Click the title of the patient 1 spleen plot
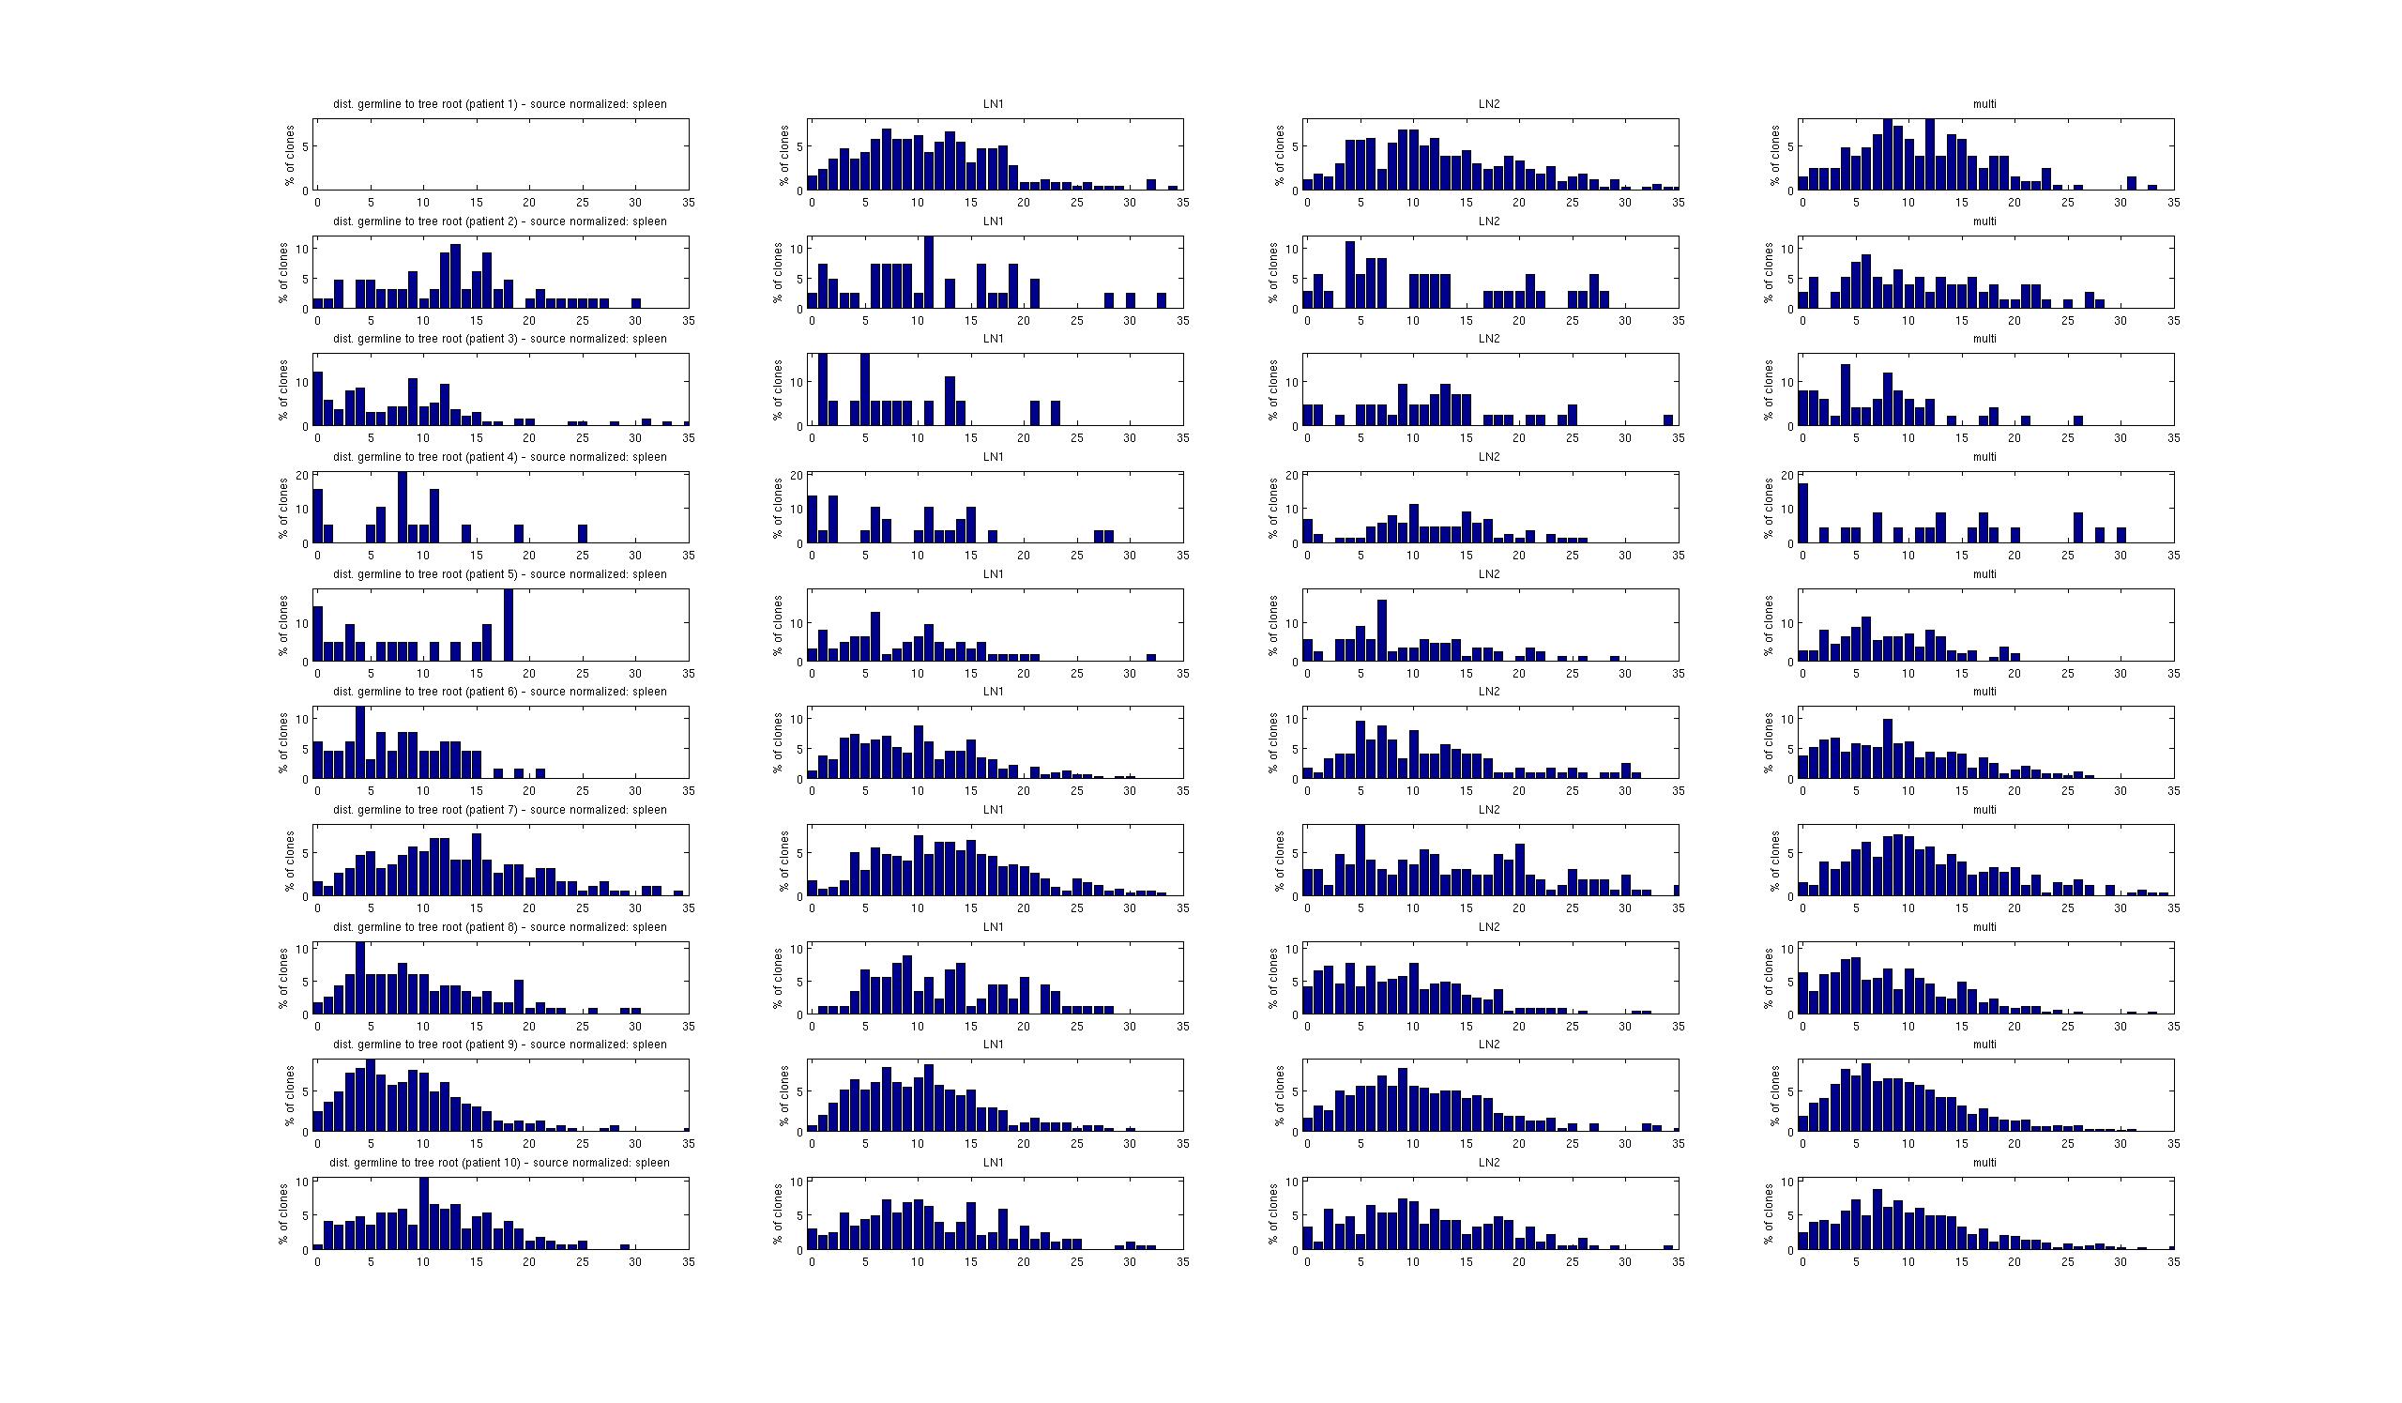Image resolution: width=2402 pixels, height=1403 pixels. coord(499,104)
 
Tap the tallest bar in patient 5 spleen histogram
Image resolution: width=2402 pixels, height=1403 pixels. coord(508,625)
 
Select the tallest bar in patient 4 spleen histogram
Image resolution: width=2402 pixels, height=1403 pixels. coord(403,508)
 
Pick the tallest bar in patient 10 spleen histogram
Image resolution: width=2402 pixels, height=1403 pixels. coord(423,1213)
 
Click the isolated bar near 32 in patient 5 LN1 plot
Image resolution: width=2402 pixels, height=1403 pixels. coord(1150,658)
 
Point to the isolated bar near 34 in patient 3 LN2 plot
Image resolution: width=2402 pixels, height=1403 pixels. coord(1668,420)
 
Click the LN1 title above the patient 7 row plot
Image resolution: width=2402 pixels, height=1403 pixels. coord(994,809)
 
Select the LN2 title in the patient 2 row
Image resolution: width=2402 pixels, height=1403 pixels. coord(1489,221)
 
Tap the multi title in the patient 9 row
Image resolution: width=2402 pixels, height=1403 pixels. coord(1984,1045)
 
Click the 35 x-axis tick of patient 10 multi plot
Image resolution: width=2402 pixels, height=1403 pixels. coord(2173,1262)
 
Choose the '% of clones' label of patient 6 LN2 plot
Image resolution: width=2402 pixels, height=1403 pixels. coord(1274,742)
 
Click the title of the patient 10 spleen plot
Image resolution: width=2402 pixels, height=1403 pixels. coord(499,1163)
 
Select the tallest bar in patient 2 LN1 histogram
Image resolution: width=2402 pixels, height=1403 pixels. coord(928,272)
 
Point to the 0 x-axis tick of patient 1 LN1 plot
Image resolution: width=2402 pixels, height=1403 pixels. coord(813,203)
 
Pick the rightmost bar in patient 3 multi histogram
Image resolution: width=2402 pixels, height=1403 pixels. coord(2078,420)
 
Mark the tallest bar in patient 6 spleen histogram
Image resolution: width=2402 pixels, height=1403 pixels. coord(359,742)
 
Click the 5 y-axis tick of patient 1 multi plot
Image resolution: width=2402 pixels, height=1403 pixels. coord(1790,146)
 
